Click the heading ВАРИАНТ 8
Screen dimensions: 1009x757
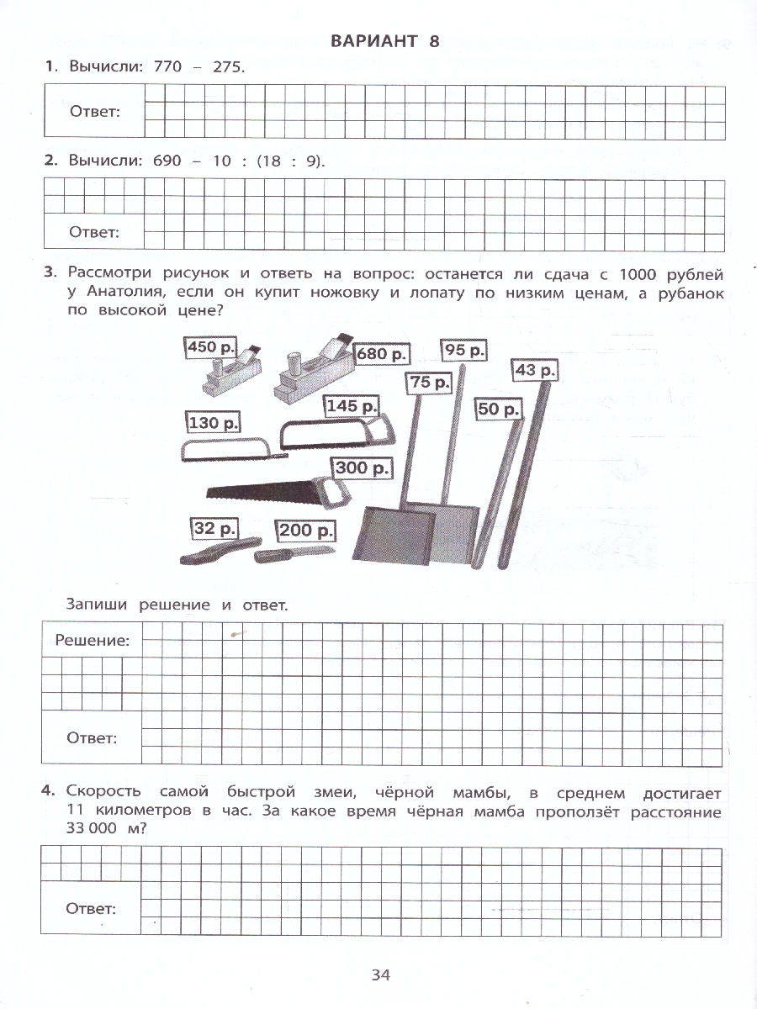[385, 41]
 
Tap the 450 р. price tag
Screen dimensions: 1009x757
[211, 346]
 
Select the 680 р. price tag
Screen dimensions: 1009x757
[384, 353]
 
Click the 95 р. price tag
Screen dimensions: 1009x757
[463, 350]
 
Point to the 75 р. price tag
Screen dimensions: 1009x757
[430, 383]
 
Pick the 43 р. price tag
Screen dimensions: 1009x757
[536, 370]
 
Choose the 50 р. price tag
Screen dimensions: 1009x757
[499, 409]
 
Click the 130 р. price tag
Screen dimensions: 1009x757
[214, 423]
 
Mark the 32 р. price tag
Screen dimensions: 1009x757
[213, 529]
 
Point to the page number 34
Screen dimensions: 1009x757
[380, 975]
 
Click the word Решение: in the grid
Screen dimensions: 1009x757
[93, 641]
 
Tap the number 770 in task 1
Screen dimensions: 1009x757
[168, 67]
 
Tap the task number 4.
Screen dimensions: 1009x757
[48, 790]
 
